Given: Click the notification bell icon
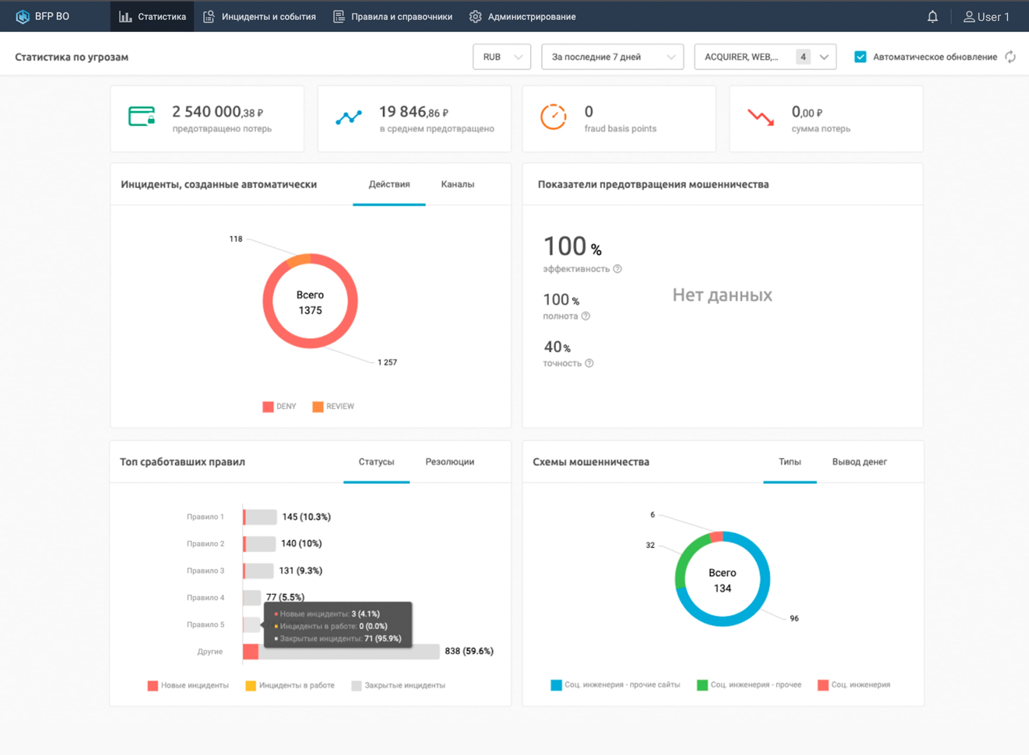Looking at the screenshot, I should tap(933, 17).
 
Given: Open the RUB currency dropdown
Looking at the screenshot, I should tap(501, 57).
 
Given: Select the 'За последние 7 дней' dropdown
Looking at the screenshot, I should tap(612, 57).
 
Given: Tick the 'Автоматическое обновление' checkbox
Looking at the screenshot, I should tap(860, 57).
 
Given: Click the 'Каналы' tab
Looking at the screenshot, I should tap(457, 184).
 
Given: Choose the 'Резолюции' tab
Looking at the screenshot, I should tap(449, 462).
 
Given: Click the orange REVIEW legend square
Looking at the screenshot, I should tap(317, 406).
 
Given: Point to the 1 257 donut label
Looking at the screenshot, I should tap(387, 362).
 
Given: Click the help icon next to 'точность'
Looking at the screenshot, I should tap(589, 363).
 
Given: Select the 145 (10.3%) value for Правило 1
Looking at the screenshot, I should tap(306, 517).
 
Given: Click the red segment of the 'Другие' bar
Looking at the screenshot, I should tap(250, 651).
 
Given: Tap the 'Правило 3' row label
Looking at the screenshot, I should tap(205, 570).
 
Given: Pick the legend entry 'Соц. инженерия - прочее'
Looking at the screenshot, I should tap(755, 685).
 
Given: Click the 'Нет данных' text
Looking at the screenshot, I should tap(722, 295).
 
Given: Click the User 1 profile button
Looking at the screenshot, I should tap(986, 17).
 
